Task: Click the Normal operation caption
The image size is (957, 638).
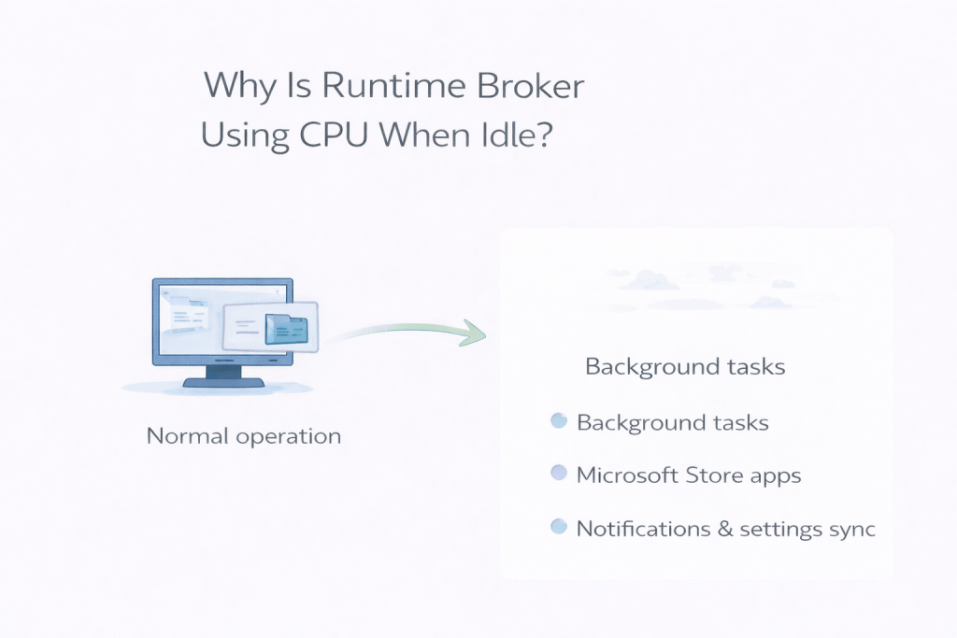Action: (x=244, y=436)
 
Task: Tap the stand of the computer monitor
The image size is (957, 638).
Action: (x=222, y=375)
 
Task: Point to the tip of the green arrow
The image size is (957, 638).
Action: (x=484, y=333)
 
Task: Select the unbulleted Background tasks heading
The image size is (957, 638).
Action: (x=685, y=366)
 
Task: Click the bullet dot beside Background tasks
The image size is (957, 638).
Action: (x=559, y=421)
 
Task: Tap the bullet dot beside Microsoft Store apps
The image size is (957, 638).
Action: (x=559, y=474)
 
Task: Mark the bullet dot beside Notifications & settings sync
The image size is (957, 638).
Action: (x=559, y=527)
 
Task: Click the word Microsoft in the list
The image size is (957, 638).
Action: (x=626, y=475)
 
